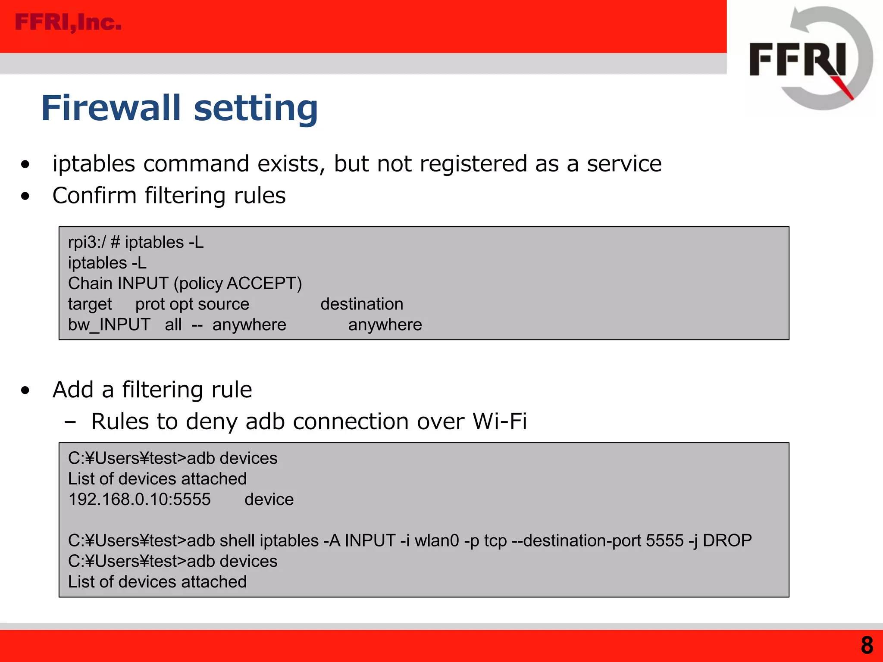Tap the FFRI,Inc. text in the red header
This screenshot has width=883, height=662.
tap(68, 22)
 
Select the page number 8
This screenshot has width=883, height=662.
tap(867, 646)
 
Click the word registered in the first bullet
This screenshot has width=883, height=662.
tap(473, 164)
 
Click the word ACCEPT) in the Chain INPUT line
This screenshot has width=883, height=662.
tap(264, 284)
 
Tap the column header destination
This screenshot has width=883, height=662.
tap(362, 304)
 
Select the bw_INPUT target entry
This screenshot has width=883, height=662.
tap(109, 325)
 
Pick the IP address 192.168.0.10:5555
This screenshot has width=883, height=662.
tap(139, 500)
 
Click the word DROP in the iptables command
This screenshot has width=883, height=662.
tap(727, 540)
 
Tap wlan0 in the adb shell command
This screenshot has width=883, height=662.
tap(437, 540)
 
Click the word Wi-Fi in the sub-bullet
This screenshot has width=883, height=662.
tap(500, 422)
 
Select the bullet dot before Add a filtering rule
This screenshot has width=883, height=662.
tap(25, 390)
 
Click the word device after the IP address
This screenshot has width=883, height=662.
tap(269, 500)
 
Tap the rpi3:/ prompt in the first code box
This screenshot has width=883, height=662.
tap(86, 243)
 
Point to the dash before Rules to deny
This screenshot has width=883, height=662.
tap(70, 422)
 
